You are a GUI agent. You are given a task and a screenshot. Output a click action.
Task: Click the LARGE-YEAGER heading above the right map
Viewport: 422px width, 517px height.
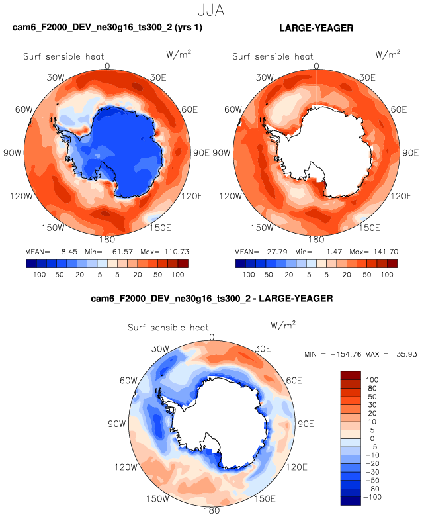tap(316, 28)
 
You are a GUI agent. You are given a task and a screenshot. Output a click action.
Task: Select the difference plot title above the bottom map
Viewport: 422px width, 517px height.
tap(212, 299)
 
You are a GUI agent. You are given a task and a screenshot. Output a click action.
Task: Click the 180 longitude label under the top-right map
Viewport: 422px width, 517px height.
tap(316, 239)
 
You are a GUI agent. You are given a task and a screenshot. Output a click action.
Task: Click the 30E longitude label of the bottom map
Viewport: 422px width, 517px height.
tap(263, 348)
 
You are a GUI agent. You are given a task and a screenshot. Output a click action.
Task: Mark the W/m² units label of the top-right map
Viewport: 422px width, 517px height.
tap(387, 54)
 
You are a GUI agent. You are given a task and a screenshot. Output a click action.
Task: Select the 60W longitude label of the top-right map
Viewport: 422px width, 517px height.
tap(233, 109)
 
